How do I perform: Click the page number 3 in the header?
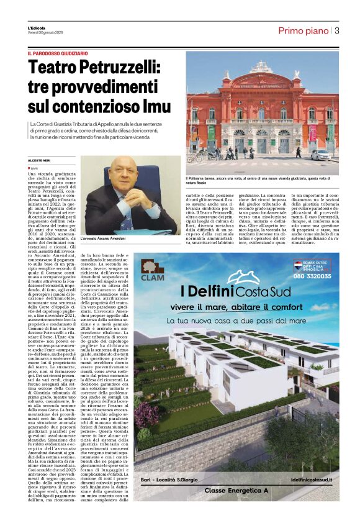coord(337,30)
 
